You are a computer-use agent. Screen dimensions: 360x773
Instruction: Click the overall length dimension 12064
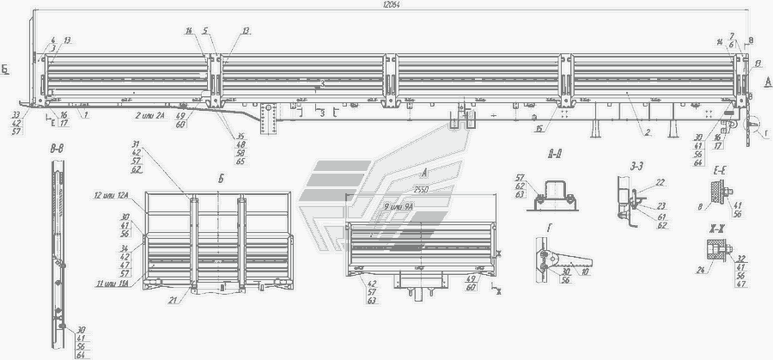coord(393,4)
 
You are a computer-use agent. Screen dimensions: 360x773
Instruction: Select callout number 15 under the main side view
coord(536,129)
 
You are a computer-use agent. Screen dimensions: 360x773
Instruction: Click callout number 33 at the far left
coord(16,114)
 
